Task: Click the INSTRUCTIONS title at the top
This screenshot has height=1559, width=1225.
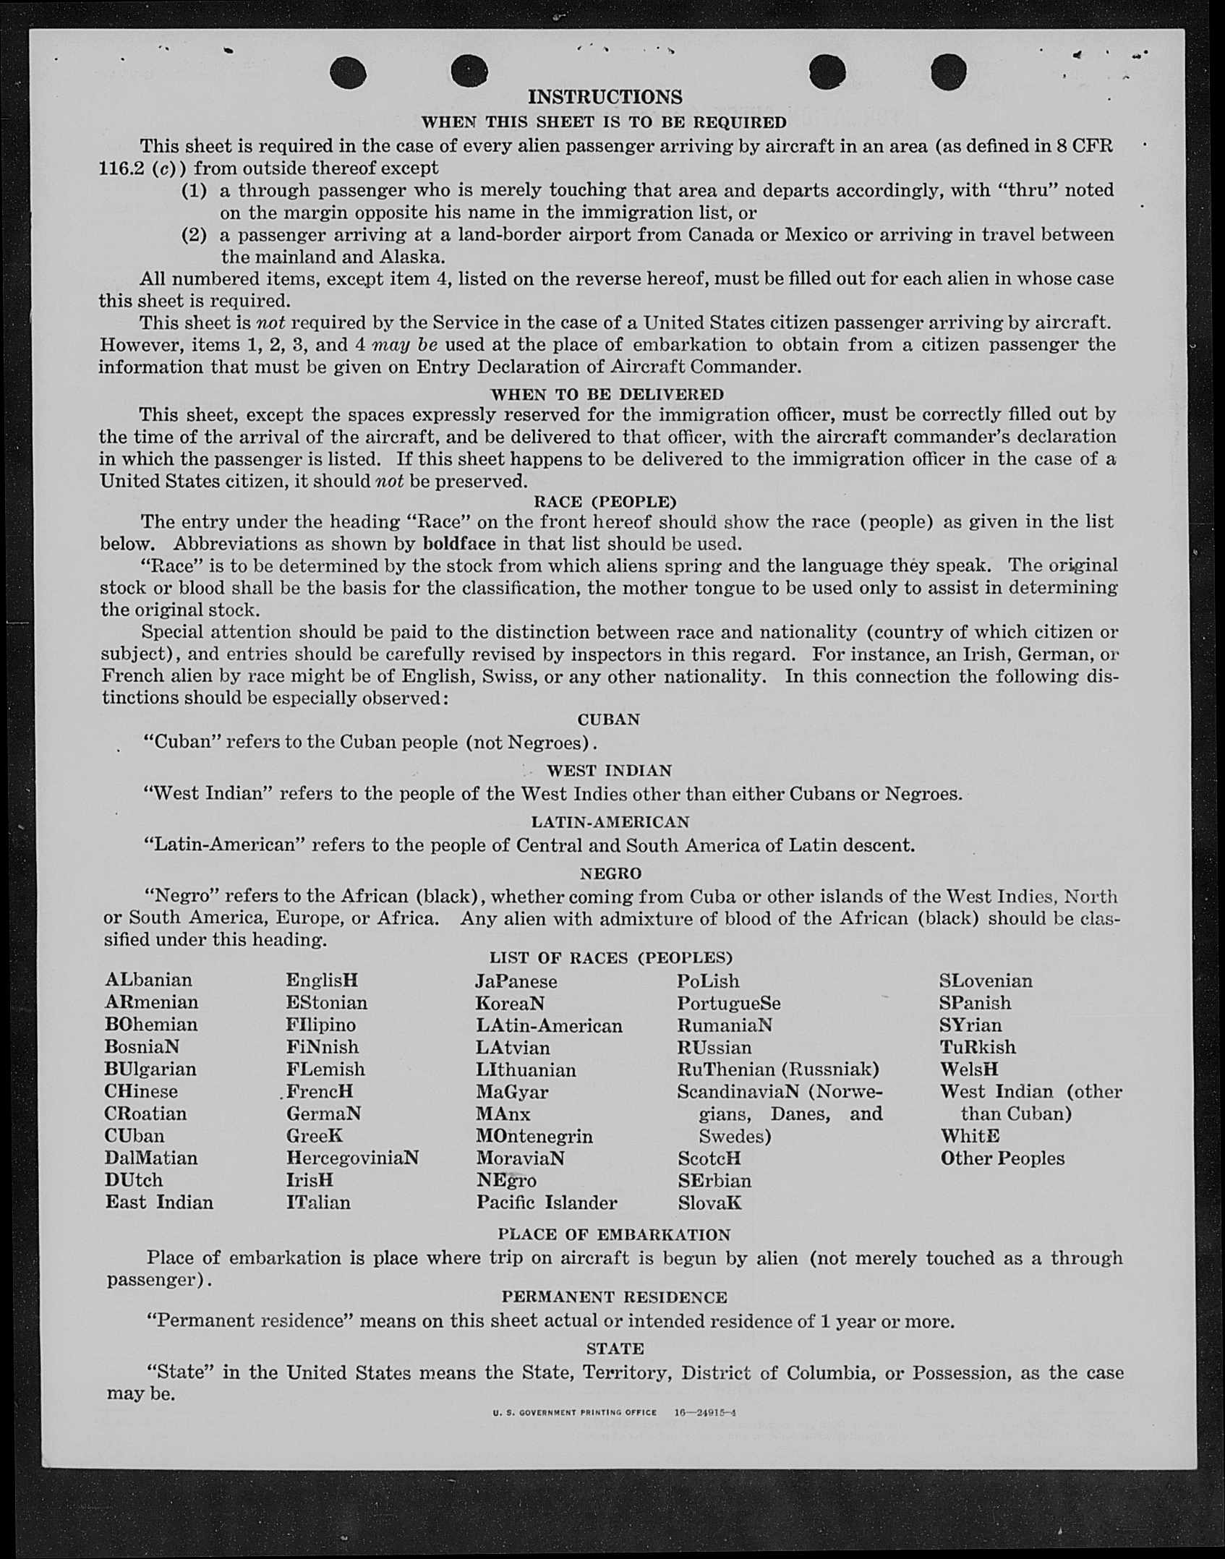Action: click(x=605, y=97)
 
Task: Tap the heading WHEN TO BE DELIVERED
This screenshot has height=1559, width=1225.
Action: click(x=607, y=394)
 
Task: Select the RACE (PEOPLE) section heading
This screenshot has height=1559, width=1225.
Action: click(x=605, y=501)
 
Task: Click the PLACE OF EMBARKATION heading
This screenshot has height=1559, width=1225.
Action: click(x=614, y=1234)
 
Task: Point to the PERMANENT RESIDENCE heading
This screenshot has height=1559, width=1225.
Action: click(x=614, y=1297)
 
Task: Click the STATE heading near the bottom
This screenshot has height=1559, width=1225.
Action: click(x=615, y=1349)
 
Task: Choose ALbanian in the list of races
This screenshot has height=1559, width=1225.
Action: click(x=148, y=980)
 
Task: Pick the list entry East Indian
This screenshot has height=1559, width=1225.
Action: click(x=159, y=1202)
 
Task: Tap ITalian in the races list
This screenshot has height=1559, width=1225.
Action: click(x=318, y=1203)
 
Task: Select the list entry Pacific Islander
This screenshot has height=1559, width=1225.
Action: click(x=546, y=1203)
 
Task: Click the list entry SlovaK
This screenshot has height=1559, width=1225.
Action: click(x=709, y=1203)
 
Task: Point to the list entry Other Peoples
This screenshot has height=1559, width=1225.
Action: click(x=1002, y=1158)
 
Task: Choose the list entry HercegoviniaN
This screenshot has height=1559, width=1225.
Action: click(x=352, y=1158)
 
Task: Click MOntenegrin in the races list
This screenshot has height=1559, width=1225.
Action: click(x=534, y=1136)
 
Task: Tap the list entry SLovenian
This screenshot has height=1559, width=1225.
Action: click(x=986, y=981)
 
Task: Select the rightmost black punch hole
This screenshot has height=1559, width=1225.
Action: click(x=949, y=72)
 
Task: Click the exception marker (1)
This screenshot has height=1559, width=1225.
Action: click(x=194, y=190)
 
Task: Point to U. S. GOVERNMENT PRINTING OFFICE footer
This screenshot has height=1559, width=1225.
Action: click(x=575, y=1412)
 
